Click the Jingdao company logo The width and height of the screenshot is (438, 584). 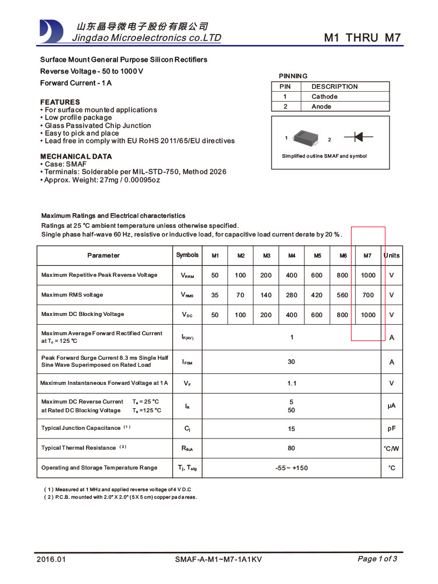pos(51,31)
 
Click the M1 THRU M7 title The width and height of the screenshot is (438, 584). pos(362,38)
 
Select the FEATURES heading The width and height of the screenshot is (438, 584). pos(60,102)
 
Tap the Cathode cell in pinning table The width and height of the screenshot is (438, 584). pos(324,96)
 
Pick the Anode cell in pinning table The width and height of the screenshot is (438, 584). pos(321,106)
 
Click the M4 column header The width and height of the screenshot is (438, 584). pos(291,256)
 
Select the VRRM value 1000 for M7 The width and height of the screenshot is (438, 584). pos(368,275)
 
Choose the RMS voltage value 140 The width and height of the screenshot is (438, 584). pos(266,295)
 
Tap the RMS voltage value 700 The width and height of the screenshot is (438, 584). pos(368,295)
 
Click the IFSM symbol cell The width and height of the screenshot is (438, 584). pos(187,362)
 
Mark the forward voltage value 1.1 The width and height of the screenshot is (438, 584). pos(291,383)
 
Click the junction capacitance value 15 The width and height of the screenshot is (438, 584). pos(291,429)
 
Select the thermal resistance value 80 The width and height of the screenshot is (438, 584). pos(291,448)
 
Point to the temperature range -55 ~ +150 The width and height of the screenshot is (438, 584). pos(291,468)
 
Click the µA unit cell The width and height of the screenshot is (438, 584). pos(391,405)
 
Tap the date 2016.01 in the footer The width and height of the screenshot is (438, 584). pos(51,559)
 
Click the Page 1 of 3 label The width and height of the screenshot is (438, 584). pos(377,559)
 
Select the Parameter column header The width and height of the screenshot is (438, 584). pos(103,255)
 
